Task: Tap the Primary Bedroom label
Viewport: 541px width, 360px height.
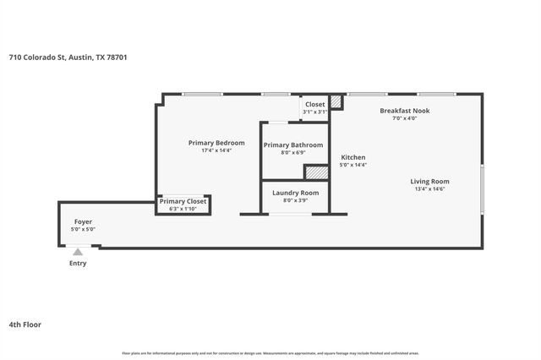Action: (x=216, y=143)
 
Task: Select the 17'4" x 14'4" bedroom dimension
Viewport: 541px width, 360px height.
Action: (x=216, y=151)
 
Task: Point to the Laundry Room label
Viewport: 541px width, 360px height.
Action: (x=295, y=193)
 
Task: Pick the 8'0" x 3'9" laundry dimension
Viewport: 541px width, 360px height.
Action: (x=295, y=200)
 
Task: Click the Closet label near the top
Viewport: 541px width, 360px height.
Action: (x=314, y=104)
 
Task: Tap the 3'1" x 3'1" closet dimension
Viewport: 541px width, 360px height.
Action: (x=314, y=112)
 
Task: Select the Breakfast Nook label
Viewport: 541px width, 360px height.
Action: (x=404, y=111)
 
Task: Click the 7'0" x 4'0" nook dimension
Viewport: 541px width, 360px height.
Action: (x=404, y=118)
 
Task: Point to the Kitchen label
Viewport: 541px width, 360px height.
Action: (x=352, y=157)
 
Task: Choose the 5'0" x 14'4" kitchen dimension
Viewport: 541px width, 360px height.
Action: (x=352, y=165)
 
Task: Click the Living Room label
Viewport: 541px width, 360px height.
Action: (x=429, y=181)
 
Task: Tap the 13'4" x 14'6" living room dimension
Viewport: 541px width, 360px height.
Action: (x=429, y=188)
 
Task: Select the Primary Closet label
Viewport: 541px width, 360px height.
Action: (x=183, y=201)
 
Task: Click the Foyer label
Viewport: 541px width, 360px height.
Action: (x=83, y=221)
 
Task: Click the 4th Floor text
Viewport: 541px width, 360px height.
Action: (x=25, y=325)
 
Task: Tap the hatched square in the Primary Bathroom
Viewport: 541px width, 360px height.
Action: (x=315, y=172)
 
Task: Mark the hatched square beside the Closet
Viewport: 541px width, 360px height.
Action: (x=336, y=102)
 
